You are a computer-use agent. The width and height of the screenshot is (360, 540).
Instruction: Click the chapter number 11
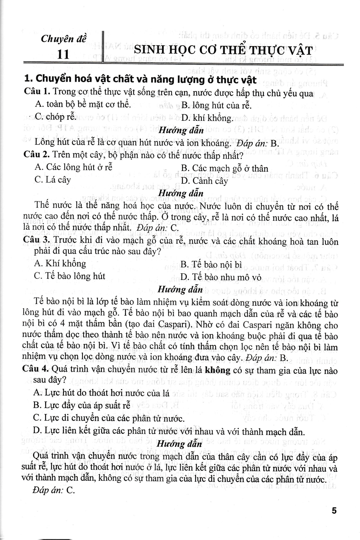point(64,54)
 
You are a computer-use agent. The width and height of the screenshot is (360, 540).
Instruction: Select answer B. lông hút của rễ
point(216,105)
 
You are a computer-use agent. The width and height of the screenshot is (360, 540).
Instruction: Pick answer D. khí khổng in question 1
point(207,118)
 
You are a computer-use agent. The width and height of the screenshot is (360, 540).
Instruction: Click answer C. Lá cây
point(53,180)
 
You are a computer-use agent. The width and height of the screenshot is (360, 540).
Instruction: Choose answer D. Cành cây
point(204,181)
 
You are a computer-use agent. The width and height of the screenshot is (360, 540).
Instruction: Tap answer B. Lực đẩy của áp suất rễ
point(82,405)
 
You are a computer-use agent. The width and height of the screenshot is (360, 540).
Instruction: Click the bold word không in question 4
point(217,370)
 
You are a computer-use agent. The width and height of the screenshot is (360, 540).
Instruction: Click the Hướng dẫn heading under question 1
point(181,130)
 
